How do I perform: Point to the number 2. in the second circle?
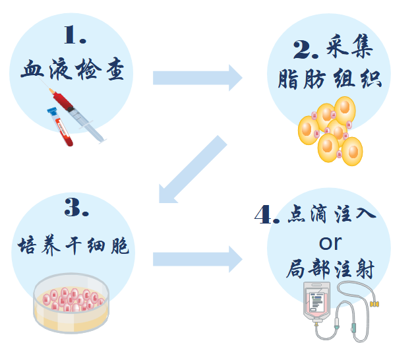click(305, 48)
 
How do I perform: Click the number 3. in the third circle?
click(76, 209)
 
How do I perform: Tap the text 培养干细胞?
click(73, 246)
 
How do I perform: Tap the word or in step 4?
click(330, 241)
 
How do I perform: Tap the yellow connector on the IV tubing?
click(375, 304)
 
